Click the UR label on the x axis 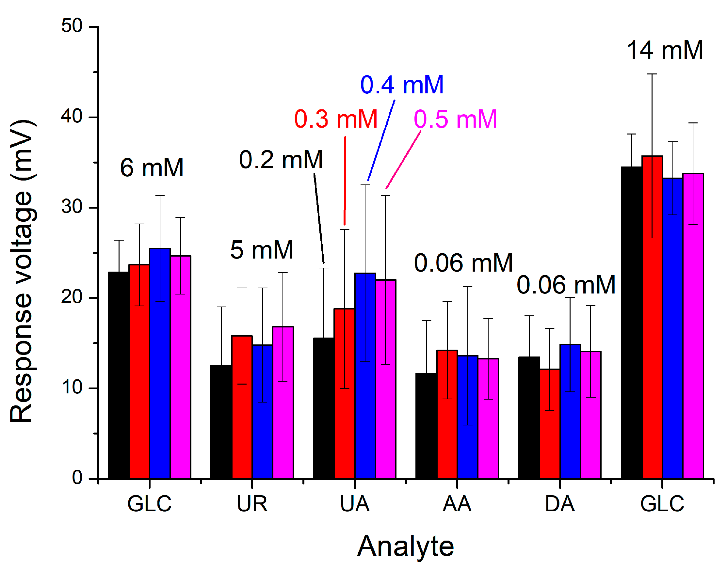252,504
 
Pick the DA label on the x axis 560,504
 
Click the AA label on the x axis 457,504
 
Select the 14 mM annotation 665,50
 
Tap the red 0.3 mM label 336,119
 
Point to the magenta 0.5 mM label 456,119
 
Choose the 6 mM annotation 152,167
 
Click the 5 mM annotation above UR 262,250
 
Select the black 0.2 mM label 281,160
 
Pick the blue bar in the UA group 365,377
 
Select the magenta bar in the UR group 283,404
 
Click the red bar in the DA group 550,424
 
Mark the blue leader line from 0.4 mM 381,140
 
